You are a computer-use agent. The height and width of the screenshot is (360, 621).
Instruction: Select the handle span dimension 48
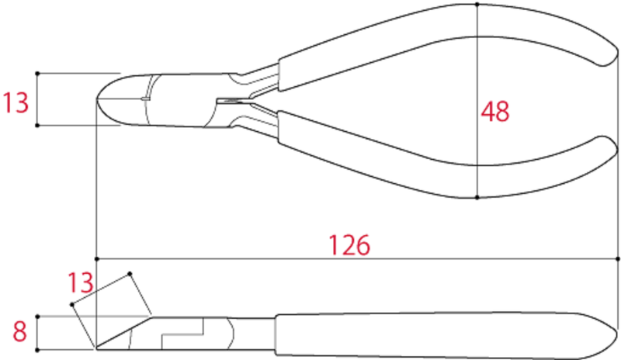point(495,112)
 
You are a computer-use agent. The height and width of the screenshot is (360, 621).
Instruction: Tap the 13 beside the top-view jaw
point(16,102)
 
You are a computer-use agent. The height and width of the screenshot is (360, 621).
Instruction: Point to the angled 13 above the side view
point(81,282)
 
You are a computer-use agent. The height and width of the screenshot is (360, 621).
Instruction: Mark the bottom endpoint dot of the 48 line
point(477,197)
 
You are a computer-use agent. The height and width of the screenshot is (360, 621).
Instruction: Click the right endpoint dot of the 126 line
point(619,258)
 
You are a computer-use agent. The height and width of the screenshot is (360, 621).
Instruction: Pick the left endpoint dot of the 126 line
point(96,258)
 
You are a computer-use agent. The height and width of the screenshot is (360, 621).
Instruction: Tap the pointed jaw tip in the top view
point(99,99)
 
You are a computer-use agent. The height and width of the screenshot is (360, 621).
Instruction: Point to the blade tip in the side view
point(96,347)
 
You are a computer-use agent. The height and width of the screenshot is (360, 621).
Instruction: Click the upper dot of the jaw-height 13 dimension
point(37,74)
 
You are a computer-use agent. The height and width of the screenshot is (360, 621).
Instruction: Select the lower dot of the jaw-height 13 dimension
point(37,125)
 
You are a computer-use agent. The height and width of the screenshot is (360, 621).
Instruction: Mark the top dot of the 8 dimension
point(37,317)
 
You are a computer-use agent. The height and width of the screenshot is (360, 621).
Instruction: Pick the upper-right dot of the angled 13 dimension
point(130,273)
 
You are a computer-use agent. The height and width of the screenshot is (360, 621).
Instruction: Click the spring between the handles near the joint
point(233,100)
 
